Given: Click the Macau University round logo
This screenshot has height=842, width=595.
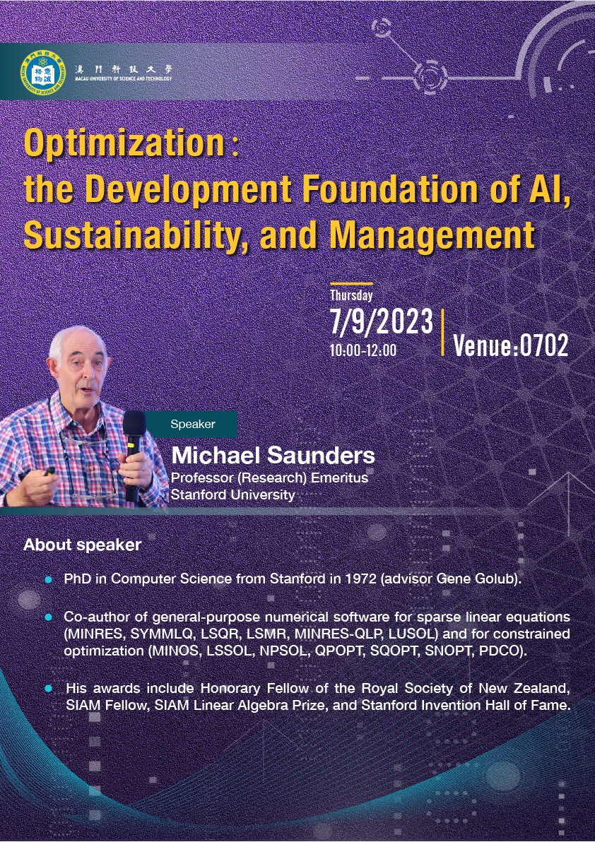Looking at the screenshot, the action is (x=42, y=72).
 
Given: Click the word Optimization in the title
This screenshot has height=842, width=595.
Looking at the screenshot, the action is (x=124, y=143).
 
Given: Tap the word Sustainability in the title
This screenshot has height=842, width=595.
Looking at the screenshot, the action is (x=131, y=235).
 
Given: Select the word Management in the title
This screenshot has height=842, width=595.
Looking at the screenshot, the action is (x=432, y=235).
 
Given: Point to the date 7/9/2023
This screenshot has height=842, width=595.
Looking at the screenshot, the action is (x=382, y=321).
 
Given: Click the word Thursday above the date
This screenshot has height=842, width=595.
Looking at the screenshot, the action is (x=351, y=295).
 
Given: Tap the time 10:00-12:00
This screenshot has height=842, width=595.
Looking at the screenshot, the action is (x=363, y=350).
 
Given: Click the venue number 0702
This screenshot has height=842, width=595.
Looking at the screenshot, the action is (x=544, y=345).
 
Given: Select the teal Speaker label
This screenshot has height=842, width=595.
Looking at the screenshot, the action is (x=193, y=424).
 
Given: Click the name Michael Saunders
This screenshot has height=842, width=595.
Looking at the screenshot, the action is (x=273, y=456).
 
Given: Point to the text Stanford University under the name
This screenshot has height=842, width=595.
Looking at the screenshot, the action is (x=232, y=494).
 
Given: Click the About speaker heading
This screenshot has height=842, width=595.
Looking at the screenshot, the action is (x=82, y=545).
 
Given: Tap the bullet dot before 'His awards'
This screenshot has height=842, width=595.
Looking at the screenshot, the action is (x=49, y=688).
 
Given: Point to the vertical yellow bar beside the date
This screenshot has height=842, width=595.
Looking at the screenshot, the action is (x=442, y=332).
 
